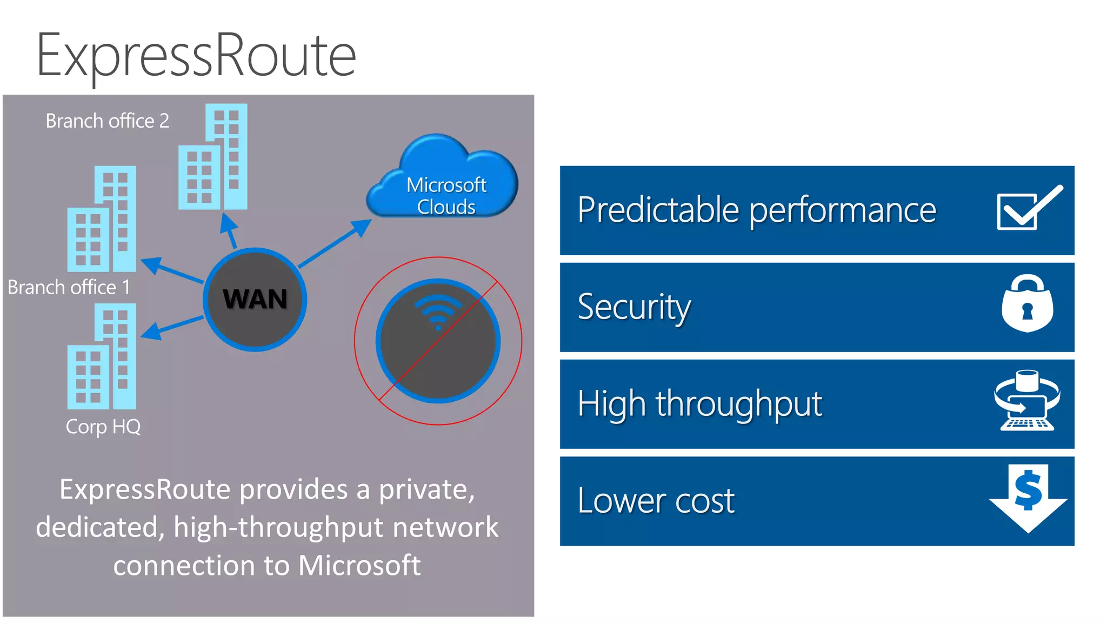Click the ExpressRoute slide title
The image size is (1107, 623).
[x=196, y=56]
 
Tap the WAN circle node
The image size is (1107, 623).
[x=255, y=300]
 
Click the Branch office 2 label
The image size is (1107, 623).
[x=107, y=121]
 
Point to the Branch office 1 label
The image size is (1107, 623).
[x=69, y=287]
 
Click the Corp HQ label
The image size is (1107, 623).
[x=103, y=427]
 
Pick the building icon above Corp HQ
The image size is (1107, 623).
[x=102, y=357]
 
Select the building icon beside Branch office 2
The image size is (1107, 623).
[x=213, y=157]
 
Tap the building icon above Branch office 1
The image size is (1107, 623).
[x=102, y=219]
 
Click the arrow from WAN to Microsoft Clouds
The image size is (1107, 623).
[x=335, y=243]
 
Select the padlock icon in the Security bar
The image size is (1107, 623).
[x=1027, y=304]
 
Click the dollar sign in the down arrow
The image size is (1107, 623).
[x=1028, y=490]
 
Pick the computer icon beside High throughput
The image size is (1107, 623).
[x=1026, y=401]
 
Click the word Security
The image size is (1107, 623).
[x=634, y=307]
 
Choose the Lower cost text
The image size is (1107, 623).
[x=656, y=501]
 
